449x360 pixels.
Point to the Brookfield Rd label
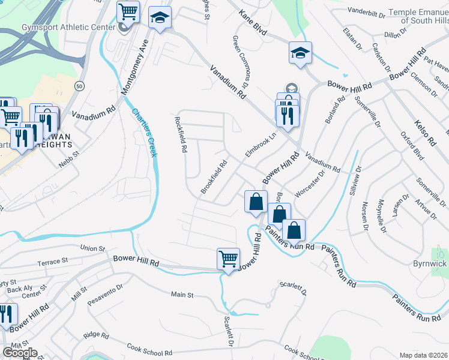(x=214, y=176)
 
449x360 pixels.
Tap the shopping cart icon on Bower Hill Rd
(x=228, y=259)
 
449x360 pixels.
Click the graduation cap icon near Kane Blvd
(x=300, y=53)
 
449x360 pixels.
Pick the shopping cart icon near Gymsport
(x=128, y=11)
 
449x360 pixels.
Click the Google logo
(x=20, y=352)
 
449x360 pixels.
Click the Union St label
(x=92, y=248)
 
